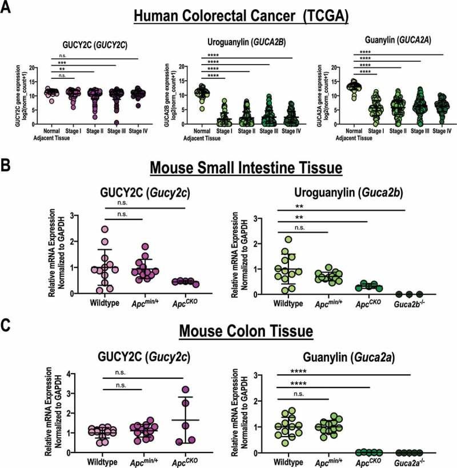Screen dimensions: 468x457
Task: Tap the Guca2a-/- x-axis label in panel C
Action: pos(409,462)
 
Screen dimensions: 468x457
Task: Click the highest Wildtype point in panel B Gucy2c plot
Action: pos(104,229)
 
